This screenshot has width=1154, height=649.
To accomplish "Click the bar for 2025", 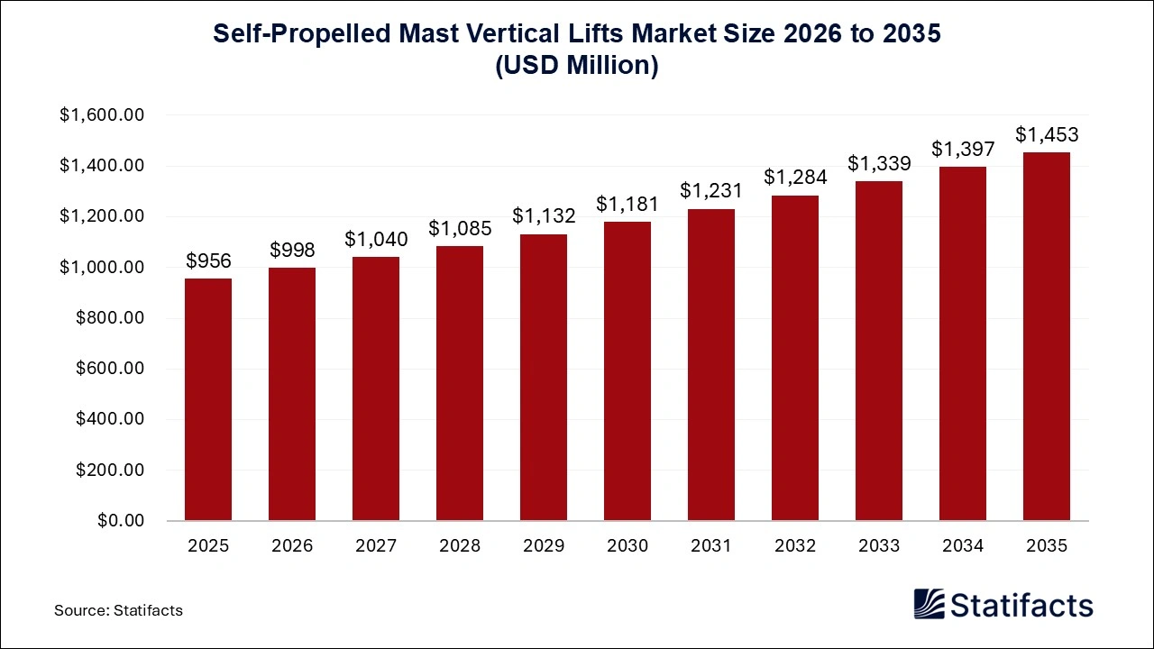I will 208,399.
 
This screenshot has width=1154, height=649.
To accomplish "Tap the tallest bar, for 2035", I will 1046,336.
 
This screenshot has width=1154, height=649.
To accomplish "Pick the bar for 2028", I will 460,383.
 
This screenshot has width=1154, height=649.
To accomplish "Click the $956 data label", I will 208,261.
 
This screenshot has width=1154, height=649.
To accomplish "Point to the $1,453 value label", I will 1046,135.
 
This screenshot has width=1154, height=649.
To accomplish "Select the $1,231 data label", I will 711,191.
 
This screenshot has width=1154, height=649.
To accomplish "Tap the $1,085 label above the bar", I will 460,228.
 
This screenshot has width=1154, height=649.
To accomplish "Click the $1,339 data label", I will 879,164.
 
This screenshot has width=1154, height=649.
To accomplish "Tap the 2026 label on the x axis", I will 292,546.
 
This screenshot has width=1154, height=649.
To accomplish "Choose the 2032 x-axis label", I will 795,546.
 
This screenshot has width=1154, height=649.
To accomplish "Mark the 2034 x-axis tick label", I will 963,546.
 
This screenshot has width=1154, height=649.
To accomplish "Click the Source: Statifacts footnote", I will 118,610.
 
